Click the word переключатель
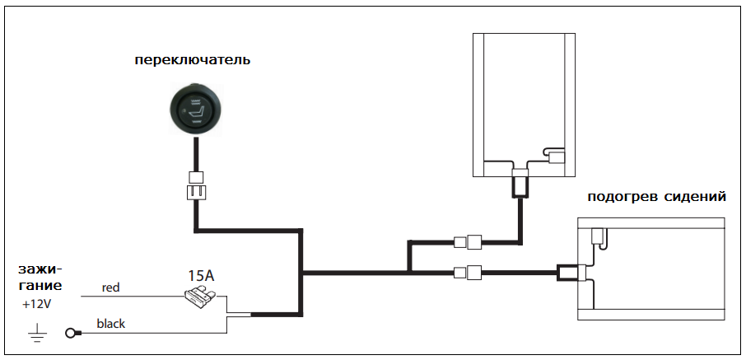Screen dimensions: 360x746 click(x=192, y=60)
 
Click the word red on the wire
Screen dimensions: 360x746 click(x=111, y=288)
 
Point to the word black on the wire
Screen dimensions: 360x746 click(x=110, y=324)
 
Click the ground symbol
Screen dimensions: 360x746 click(x=37, y=334)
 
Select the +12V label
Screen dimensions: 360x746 click(x=36, y=304)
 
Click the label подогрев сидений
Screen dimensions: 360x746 click(x=656, y=197)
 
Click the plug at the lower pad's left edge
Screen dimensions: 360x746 click(x=570, y=271)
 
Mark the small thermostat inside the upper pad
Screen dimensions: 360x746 click(x=555, y=154)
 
